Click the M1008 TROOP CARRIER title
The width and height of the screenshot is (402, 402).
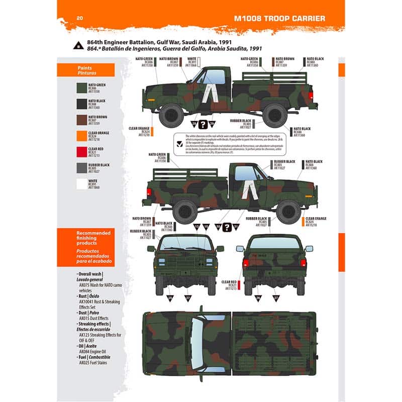tap(279, 19)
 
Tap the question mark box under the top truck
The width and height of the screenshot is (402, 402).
tap(203, 125)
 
